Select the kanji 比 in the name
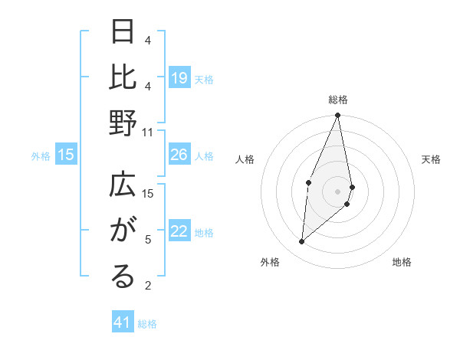pos(123,77)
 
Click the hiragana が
pos(123,231)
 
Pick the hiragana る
pos(123,277)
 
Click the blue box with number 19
pos(179,78)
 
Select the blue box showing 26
pos(179,155)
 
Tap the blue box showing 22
pos(179,232)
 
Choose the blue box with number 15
pos(66,155)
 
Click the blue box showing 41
pos(123,322)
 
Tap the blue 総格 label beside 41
pos(148,323)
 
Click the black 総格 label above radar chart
pos(337,100)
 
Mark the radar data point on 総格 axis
pos(337,116)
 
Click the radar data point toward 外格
pos(302,242)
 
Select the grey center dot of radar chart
pos(337,191)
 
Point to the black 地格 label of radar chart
pos(402,262)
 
